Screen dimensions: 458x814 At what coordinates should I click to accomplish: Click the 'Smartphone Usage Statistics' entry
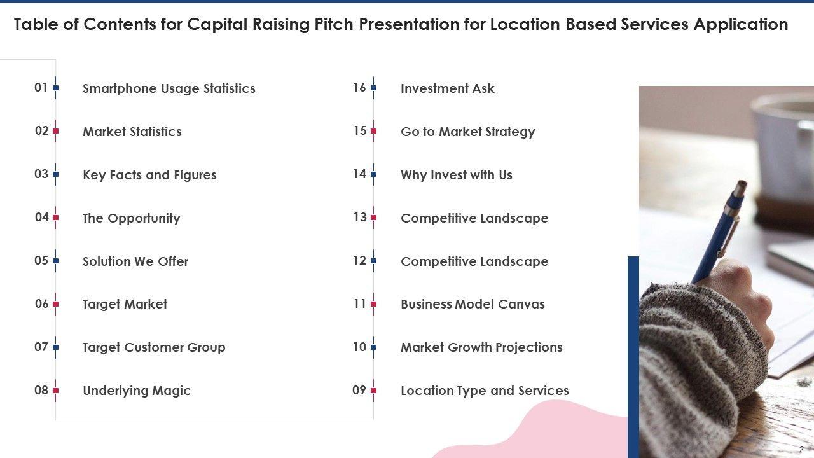(x=169, y=88)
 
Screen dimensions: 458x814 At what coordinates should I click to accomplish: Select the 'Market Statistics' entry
(x=132, y=132)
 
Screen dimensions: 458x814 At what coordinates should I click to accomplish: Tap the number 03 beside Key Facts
(x=41, y=174)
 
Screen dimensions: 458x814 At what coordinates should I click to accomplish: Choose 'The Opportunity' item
(x=131, y=218)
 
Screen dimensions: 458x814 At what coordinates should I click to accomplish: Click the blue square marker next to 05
(x=56, y=261)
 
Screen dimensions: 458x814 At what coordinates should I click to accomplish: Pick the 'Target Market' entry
(x=125, y=304)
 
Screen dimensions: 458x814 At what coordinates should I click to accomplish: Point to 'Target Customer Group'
(x=154, y=347)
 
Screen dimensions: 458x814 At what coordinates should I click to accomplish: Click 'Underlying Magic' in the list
(x=137, y=391)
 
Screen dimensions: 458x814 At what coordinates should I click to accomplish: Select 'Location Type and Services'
(x=485, y=391)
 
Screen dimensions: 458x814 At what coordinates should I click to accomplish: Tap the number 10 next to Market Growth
(x=359, y=347)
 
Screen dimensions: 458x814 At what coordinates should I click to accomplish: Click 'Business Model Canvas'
(x=473, y=304)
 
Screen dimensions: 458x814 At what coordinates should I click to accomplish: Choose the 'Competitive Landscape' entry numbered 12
(x=474, y=261)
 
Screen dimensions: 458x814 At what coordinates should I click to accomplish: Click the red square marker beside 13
(x=374, y=218)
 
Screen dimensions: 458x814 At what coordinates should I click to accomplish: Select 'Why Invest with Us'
(x=456, y=175)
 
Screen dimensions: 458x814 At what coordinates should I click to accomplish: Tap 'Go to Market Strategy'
(x=467, y=132)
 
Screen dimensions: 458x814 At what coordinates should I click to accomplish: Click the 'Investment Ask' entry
(x=447, y=88)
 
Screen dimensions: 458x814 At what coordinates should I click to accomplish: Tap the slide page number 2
(x=801, y=449)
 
